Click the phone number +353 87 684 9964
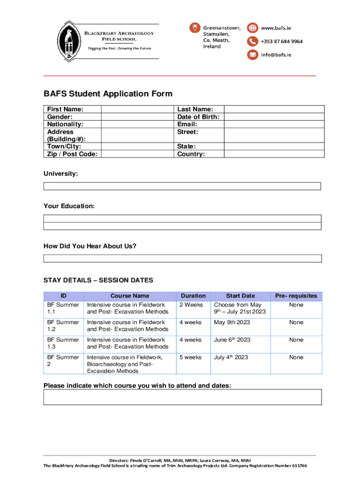(281, 41)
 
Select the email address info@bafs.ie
(276, 55)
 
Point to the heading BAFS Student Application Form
(108, 94)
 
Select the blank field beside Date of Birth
(273, 116)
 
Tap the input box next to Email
(273, 124)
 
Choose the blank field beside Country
(273, 154)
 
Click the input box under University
(182, 186)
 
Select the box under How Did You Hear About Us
(182, 258)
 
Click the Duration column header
(193, 296)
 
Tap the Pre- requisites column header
(296, 296)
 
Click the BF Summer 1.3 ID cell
(63, 343)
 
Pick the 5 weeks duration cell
(191, 357)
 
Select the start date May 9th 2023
(232, 322)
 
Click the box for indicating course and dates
(182, 397)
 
